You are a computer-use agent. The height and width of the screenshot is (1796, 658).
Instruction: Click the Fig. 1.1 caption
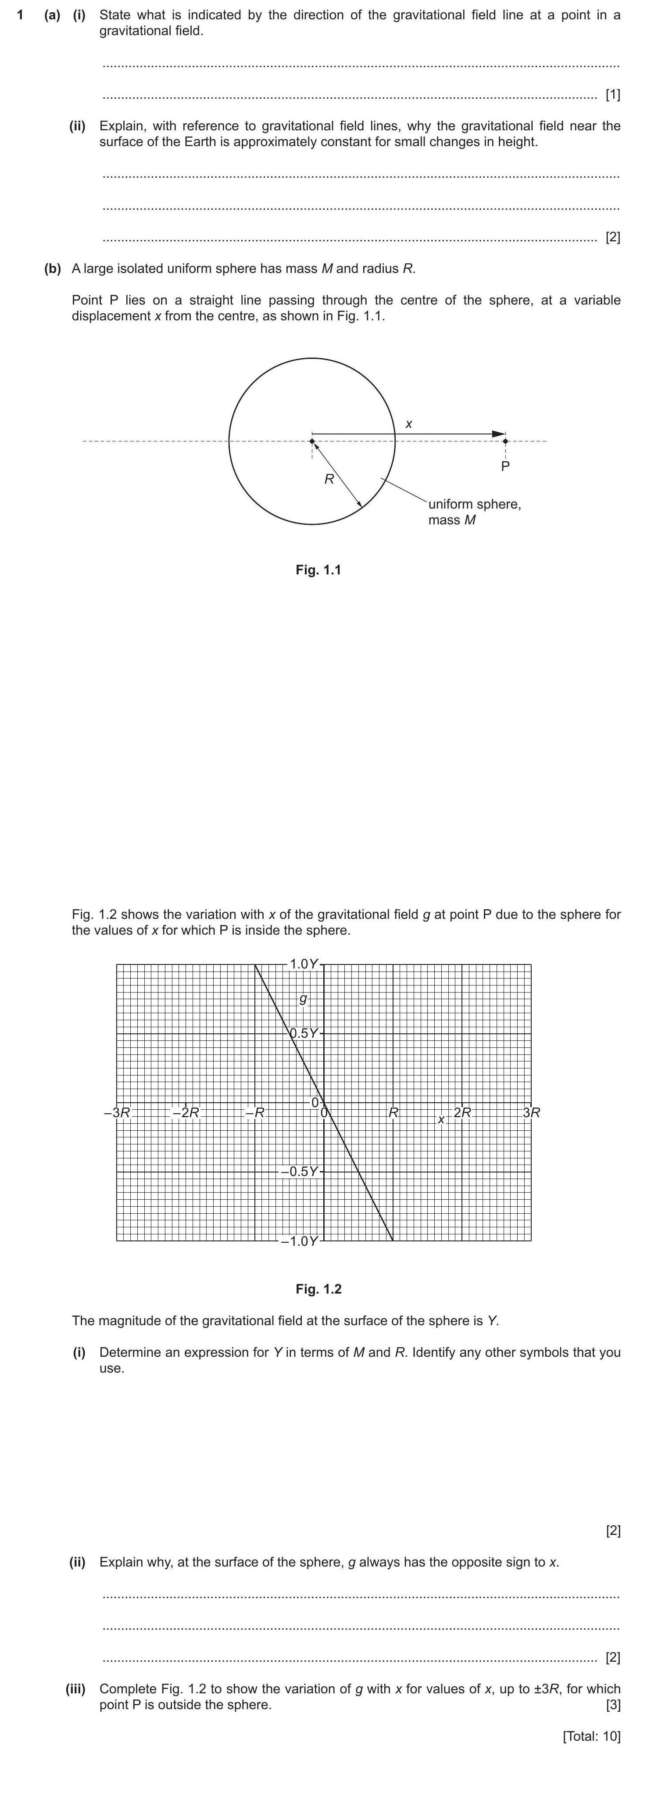click(318, 570)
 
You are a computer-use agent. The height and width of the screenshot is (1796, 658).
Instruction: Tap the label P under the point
click(505, 466)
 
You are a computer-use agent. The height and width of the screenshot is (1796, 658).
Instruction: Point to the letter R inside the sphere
click(329, 479)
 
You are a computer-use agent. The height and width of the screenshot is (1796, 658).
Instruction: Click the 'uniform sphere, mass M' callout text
click(474, 512)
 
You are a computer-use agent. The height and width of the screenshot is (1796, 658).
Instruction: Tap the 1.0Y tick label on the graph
click(303, 964)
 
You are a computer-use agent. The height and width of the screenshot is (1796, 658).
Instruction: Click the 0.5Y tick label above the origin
click(304, 1033)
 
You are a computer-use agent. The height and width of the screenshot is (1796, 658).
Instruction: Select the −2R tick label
click(186, 1113)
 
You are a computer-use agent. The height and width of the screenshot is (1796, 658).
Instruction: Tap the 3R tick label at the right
click(531, 1113)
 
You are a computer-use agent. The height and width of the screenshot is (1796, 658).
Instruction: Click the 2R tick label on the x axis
click(462, 1113)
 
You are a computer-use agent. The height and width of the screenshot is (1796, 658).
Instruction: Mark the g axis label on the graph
click(303, 999)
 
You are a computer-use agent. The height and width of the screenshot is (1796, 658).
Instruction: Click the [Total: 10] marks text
click(591, 1736)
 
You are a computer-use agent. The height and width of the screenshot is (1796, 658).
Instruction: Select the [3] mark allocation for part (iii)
click(613, 1705)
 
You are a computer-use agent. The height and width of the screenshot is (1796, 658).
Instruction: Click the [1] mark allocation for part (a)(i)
click(613, 95)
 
